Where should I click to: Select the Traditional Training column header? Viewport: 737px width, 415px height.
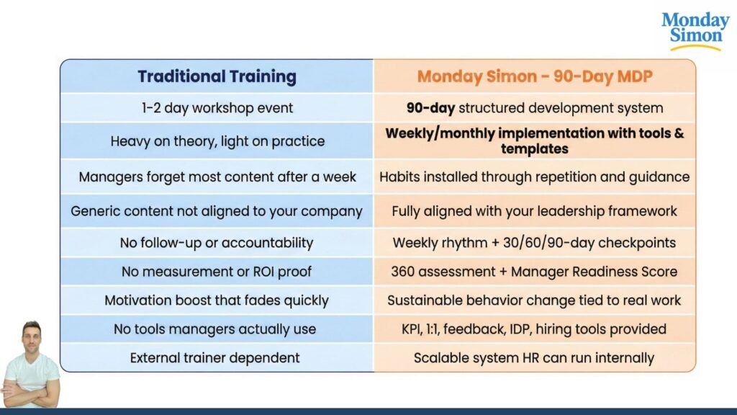tap(217, 76)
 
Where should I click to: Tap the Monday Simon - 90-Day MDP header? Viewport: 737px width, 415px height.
tap(535, 76)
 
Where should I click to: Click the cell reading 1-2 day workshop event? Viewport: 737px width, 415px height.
tap(217, 109)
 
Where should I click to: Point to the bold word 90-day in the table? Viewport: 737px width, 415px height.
tap(430, 109)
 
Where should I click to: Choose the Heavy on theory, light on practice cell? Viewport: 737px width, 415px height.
tap(217, 141)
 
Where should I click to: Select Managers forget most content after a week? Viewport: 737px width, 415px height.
tap(217, 177)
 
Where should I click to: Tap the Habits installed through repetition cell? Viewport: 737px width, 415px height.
tap(535, 177)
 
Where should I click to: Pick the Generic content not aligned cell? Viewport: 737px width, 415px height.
tap(217, 212)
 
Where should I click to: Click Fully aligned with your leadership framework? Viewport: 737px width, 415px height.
tap(535, 212)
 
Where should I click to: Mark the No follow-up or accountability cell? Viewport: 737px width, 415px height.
tap(217, 243)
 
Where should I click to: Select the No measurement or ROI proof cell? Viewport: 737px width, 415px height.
tap(217, 272)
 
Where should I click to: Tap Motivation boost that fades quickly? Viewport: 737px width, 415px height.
tap(217, 300)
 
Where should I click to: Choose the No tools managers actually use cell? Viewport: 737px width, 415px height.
tap(217, 329)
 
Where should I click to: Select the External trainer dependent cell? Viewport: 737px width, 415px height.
tap(217, 357)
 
